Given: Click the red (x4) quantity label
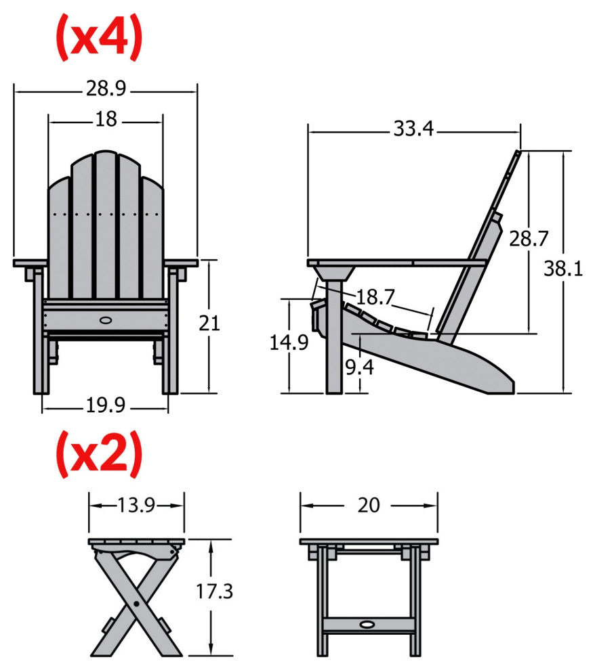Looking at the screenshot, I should pyautogui.click(x=99, y=38).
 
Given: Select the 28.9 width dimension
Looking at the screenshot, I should pyautogui.click(x=106, y=88).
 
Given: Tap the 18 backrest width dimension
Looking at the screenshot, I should pyautogui.click(x=106, y=119).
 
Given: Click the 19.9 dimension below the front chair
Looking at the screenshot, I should pyautogui.click(x=106, y=406).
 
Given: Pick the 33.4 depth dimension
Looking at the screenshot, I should pyautogui.click(x=413, y=128).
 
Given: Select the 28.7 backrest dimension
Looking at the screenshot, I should pyautogui.click(x=529, y=239).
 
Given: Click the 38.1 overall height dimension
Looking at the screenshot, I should pyautogui.click(x=563, y=269).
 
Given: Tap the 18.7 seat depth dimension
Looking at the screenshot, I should pyautogui.click(x=375, y=296).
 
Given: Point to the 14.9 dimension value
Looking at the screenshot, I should pyautogui.click(x=289, y=342).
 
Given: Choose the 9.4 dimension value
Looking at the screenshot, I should pyautogui.click(x=359, y=368).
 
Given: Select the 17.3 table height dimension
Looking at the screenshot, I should pyautogui.click(x=214, y=591).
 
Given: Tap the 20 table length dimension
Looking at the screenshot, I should pyautogui.click(x=369, y=505).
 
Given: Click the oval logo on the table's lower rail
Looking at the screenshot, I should pyautogui.click(x=369, y=624).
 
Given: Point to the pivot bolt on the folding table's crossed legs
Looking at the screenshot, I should pyautogui.click(x=137, y=603).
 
